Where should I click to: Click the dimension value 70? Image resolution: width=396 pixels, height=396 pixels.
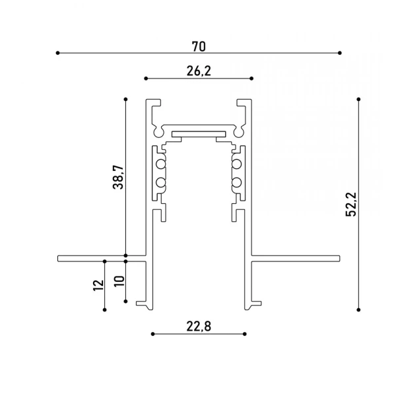(x=199, y=46)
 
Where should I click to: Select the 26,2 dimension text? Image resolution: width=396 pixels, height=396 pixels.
(x=199, y=71)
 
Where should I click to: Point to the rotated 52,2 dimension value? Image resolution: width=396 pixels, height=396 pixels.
(x=351, y=203)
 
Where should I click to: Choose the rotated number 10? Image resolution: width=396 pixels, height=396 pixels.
(x=118, y=281)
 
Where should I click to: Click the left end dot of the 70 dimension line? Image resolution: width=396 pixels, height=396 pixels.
(x=58, y=53)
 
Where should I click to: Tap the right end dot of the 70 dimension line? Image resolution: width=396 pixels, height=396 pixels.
(x=340, y=53)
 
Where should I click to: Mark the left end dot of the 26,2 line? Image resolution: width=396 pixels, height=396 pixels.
(x=145, y=78)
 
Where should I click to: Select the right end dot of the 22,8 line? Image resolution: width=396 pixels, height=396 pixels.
(x=246, y=334)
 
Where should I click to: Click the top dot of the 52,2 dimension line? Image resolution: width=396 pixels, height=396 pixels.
(x=358, y=100)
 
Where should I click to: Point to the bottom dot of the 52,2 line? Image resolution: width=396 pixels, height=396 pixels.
(x=358, y=308)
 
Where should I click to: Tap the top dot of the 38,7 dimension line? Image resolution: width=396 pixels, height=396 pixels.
(x=125, y=100)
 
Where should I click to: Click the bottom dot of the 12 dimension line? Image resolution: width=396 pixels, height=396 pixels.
(x=104, y=308)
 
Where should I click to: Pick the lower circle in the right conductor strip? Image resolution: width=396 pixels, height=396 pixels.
(x=236, y=182)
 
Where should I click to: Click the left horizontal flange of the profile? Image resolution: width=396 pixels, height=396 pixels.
(x=99, y=257)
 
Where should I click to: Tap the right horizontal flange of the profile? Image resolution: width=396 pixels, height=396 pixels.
(x=297, y=257)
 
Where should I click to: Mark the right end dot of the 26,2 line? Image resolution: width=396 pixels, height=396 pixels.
(x=252, y=78)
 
